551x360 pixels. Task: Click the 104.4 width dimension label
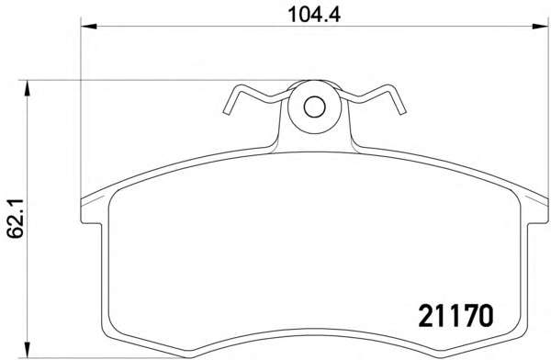pyautogui.click(x=314, y=15)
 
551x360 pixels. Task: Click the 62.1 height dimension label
pyautogui.click(x=16, y=219)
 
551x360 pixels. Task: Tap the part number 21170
pyautogui.click(x=455, y=316)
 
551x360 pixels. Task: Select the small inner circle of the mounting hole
pyautogui.click(x=314, y=107)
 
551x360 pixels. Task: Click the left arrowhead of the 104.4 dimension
pyautogui.click(x=88, y=26)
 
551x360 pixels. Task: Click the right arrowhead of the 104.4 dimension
pyautogui.click(x=540, y=26)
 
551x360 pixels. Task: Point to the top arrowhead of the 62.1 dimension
pyautogui.click(x=27, y=88)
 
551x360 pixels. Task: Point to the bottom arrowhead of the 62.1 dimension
pyautogui.click(x=27, y=350)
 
